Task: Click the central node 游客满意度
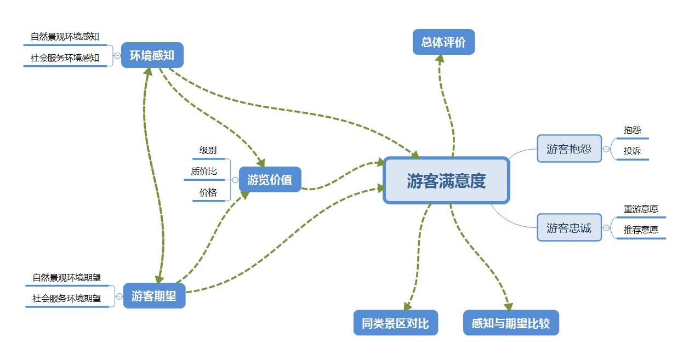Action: (446, 181)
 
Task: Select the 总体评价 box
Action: (443, 43)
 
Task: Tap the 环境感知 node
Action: (152, 55)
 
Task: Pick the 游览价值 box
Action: (270, 180)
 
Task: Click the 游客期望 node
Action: (154, 296)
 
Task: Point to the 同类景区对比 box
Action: (395, 323)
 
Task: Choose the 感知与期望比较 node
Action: (510, 323)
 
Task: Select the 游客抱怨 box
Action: (569, 148)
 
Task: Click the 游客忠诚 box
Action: (569, 228)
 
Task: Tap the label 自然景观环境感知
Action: (65, 37)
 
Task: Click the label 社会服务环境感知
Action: (65, 58)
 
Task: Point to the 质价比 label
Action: (204, 172)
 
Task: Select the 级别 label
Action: (208, 151)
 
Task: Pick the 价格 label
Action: (208, 192)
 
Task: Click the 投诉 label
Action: (632, 151)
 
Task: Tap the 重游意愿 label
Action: (641, 209)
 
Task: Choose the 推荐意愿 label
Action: (641, 230)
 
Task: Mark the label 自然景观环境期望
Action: (66, 278)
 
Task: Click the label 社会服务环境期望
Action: (66, 299)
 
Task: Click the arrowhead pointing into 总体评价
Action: (440, 59)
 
